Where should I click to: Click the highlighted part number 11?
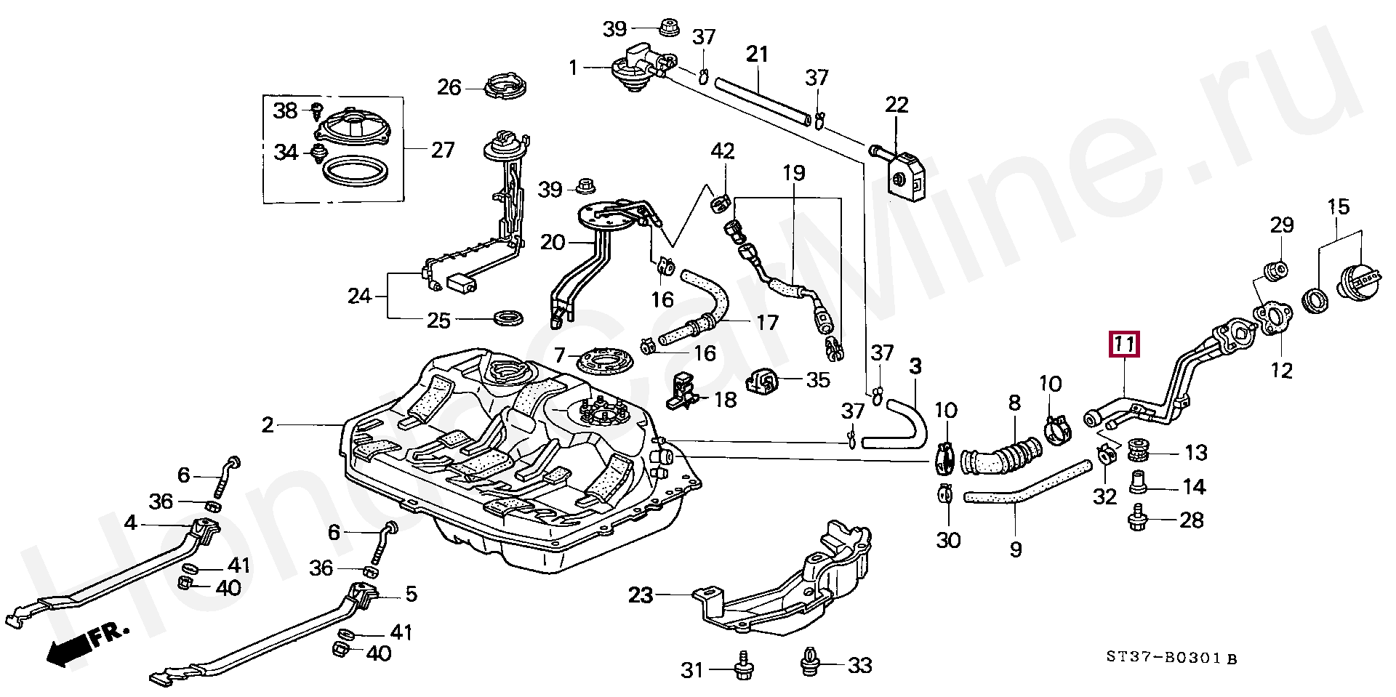click(1124, 344)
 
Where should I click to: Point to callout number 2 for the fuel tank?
click(268, 424)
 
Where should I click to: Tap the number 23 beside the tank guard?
click(641, 596)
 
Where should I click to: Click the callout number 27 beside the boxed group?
click(442, 150)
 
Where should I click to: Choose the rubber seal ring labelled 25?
click(510, 318)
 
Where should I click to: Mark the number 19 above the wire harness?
click(794, 173)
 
